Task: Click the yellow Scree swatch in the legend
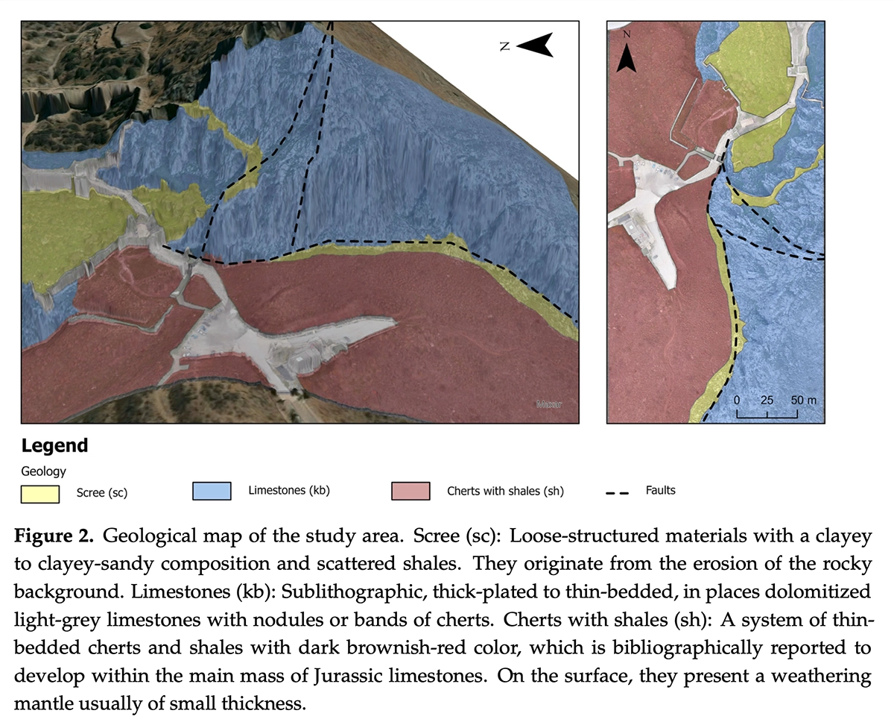pyautogui.click(x=39, y=493)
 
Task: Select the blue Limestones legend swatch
pyautogui.click(x=212, y=491)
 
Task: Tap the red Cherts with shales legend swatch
pyautogui.click(x=410, y=491)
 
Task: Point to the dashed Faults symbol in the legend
pyautogui.click(x=618, y=492)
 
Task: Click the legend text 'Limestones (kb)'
pyautogui.click(x=289, y=490)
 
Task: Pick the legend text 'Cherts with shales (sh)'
pyautogui.click(x=505, y=491)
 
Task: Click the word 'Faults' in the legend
pyautogui.click(x=661, y=490)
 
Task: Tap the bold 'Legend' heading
pyautogui.click(x=54, y=446)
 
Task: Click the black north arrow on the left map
pyautogui.click(x=535, y=45)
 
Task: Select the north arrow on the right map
pyautogui.click(x=627, y=53)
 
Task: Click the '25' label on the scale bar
pyautogui.click(x=767, y=400)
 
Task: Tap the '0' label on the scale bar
pyautogui.click(x=737, y=400)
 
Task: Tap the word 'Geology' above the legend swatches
pyautogui.click(x=43, y=471)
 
